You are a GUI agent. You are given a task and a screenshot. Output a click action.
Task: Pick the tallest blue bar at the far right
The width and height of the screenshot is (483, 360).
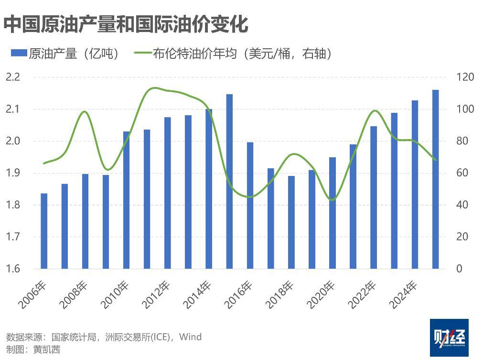[436, 179]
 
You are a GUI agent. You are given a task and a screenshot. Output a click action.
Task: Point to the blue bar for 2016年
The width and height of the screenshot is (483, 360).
[250, 206]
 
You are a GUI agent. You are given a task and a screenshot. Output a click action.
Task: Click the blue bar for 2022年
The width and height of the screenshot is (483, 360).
[374, 197]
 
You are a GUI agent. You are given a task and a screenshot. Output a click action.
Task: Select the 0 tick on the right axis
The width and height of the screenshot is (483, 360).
[459, 269]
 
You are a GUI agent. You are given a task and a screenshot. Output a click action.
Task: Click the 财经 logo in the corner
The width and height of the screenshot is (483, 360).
[449, 338]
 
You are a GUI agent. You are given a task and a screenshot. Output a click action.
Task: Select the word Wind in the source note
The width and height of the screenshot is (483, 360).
[191, 337]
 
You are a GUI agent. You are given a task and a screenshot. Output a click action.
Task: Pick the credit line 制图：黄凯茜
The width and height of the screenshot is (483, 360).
[33, 349]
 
